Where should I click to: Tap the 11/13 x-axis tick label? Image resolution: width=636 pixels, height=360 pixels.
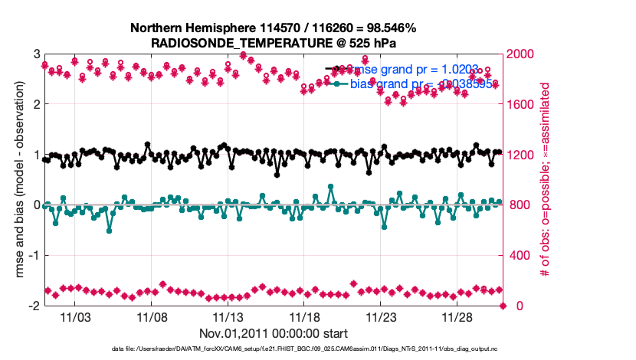click(x=228, y=316)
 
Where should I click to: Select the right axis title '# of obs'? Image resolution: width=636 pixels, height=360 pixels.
click(x=545, y=180)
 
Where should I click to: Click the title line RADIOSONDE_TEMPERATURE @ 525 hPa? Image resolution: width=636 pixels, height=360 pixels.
click(x=274, y=42)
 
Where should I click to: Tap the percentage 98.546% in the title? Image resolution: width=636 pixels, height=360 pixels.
click(x=389, y=28)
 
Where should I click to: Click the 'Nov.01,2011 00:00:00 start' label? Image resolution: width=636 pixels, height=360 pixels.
click(x=274, y=333)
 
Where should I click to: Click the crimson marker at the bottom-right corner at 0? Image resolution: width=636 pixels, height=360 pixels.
click(x=503, y=306)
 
